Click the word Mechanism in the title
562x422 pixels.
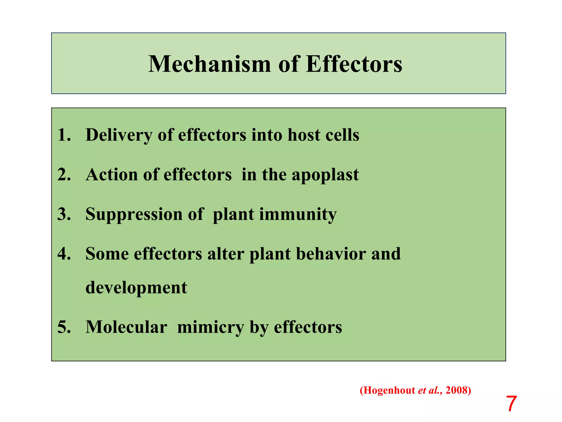(x=210, y=64)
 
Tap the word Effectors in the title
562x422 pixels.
(x=354, y=64)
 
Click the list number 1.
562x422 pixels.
(x=64, y=135)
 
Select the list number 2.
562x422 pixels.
(x=64, y=174)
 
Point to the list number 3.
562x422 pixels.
(x=64, y=214)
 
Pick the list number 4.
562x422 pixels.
(x=64, y=254)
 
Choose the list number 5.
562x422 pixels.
(x=64, y=327)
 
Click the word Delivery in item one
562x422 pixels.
(x=119, y=135)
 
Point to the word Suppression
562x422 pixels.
(x=134, y=215)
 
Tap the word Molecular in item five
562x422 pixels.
(x=126, y=327)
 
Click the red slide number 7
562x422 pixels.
(x=511, y=404)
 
